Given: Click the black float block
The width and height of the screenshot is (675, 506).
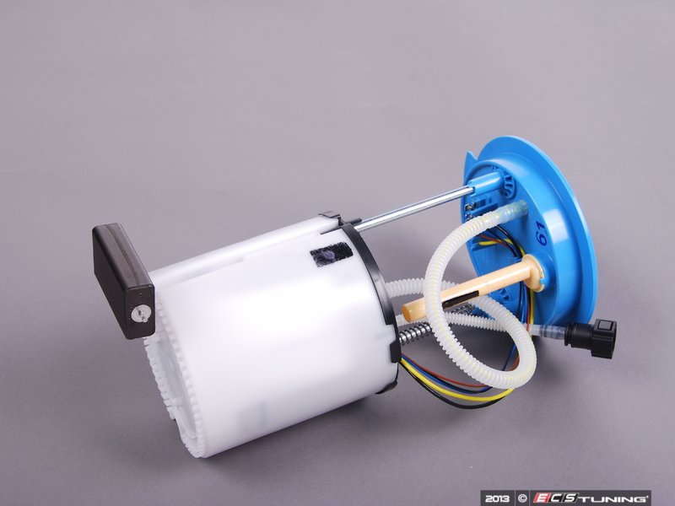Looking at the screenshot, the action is [123, 281].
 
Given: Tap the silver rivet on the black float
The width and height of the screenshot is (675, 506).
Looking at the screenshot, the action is [138, 315].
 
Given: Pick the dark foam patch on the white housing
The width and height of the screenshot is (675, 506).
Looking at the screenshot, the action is [331, 256].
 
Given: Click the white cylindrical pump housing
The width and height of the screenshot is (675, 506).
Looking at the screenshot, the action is [267, 336].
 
